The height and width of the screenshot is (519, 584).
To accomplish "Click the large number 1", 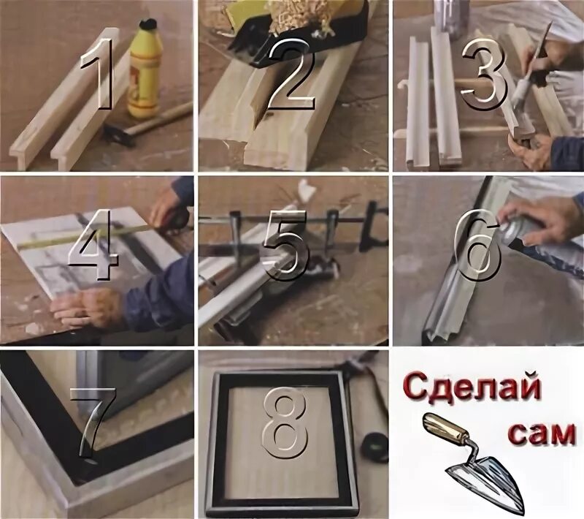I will [96, 72].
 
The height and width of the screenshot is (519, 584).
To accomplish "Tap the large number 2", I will [290, 73].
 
